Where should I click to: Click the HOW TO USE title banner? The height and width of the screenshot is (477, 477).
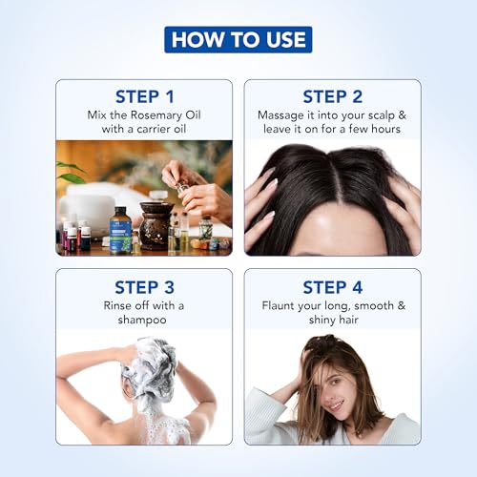coord(238,39)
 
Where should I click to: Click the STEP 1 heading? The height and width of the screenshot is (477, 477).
coord(144,96)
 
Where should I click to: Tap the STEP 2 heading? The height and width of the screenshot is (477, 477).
coord(331,96)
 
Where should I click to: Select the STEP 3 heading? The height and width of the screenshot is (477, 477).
coord(144,286)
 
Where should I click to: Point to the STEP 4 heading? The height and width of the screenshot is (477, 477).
coord(331,286)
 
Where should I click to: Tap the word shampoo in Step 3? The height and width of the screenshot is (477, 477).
coord(144,320)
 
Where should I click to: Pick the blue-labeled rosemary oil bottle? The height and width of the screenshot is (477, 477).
coord(120,231)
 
